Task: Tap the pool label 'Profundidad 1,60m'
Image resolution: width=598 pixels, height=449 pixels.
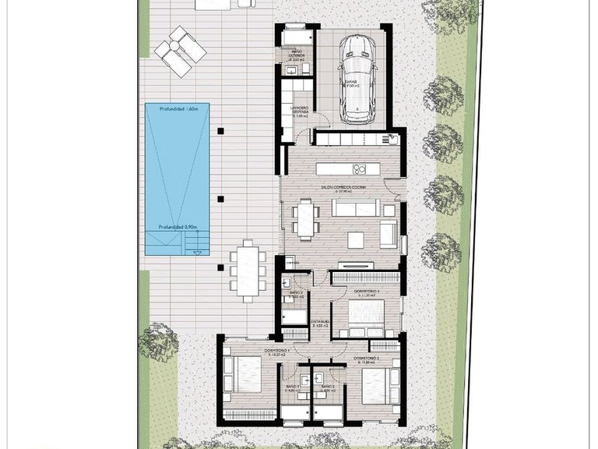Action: coord(176,110)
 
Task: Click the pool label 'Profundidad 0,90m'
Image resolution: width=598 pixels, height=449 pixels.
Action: coord(177,227)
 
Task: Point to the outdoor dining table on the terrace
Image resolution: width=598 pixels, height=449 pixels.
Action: coord(248,270)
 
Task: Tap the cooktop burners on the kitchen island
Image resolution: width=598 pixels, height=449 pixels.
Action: coord(359,169)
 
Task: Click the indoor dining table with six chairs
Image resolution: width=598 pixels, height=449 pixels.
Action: coord(305,219)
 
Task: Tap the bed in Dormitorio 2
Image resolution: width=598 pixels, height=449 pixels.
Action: coord(373,384)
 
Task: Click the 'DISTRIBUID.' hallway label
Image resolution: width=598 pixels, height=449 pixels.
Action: coord(320,321)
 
